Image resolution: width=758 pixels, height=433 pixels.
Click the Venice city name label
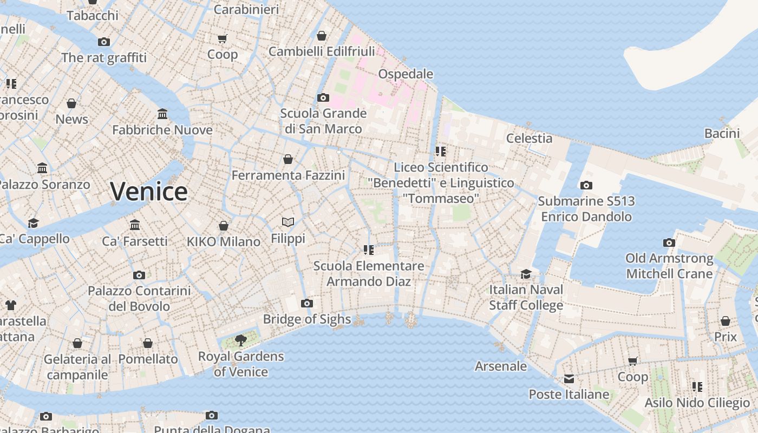(x=149, y=192)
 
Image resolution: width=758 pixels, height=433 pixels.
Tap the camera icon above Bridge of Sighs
(x=307, y=303)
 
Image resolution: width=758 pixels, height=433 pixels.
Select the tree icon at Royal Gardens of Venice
(x=241, y=340)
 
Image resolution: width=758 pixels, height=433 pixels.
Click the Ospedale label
(x=406, y=74)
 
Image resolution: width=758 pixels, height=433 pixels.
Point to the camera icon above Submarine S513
(x=586, y=186)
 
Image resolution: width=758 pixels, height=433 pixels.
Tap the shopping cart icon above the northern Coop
(x=222, y=38)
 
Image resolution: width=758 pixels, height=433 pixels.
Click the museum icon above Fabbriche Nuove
(x=162, y=114)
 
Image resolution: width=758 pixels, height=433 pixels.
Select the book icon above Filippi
(x=288, y=222)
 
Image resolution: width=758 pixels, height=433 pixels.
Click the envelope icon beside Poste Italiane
(x=569, y=379)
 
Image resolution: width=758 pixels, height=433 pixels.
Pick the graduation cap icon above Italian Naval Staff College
(x=526, y=274)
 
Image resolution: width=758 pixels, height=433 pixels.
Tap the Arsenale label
(x=501, y=366)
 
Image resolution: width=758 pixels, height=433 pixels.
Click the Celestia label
(x=529, y=139)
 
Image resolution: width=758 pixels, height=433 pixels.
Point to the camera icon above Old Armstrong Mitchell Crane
(x=669, y=242)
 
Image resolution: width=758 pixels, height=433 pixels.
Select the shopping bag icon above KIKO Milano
(x=223, y=225)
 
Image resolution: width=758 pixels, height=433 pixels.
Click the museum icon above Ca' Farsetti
(x=135, y=225)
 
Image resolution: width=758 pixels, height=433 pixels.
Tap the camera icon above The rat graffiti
(x=104, y=42)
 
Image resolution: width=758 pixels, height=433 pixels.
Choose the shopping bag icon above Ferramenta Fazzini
(x=288, y=159)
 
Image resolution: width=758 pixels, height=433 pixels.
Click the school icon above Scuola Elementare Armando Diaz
(x=369, y=250)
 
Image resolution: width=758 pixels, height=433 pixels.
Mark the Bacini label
(x=722, y=133)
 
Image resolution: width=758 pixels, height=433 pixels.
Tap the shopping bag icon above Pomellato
(x=148, y=343)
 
